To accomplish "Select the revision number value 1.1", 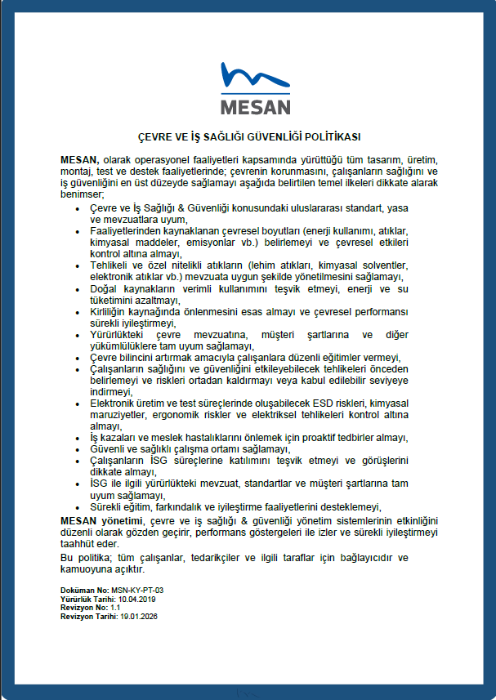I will [116, 608].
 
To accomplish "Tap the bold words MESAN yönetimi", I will [101, 520].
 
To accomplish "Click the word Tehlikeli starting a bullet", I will [109, 266].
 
